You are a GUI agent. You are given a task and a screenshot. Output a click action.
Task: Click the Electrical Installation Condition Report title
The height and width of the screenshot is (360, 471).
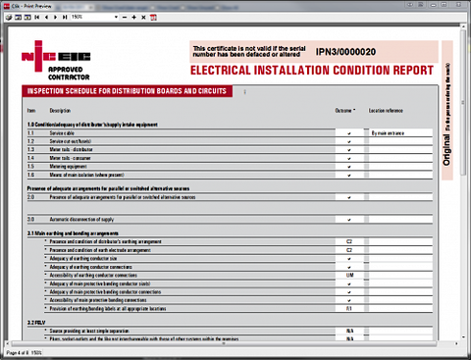point(310,71)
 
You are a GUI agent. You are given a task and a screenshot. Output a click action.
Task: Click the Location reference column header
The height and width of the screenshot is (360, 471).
point(387,111)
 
